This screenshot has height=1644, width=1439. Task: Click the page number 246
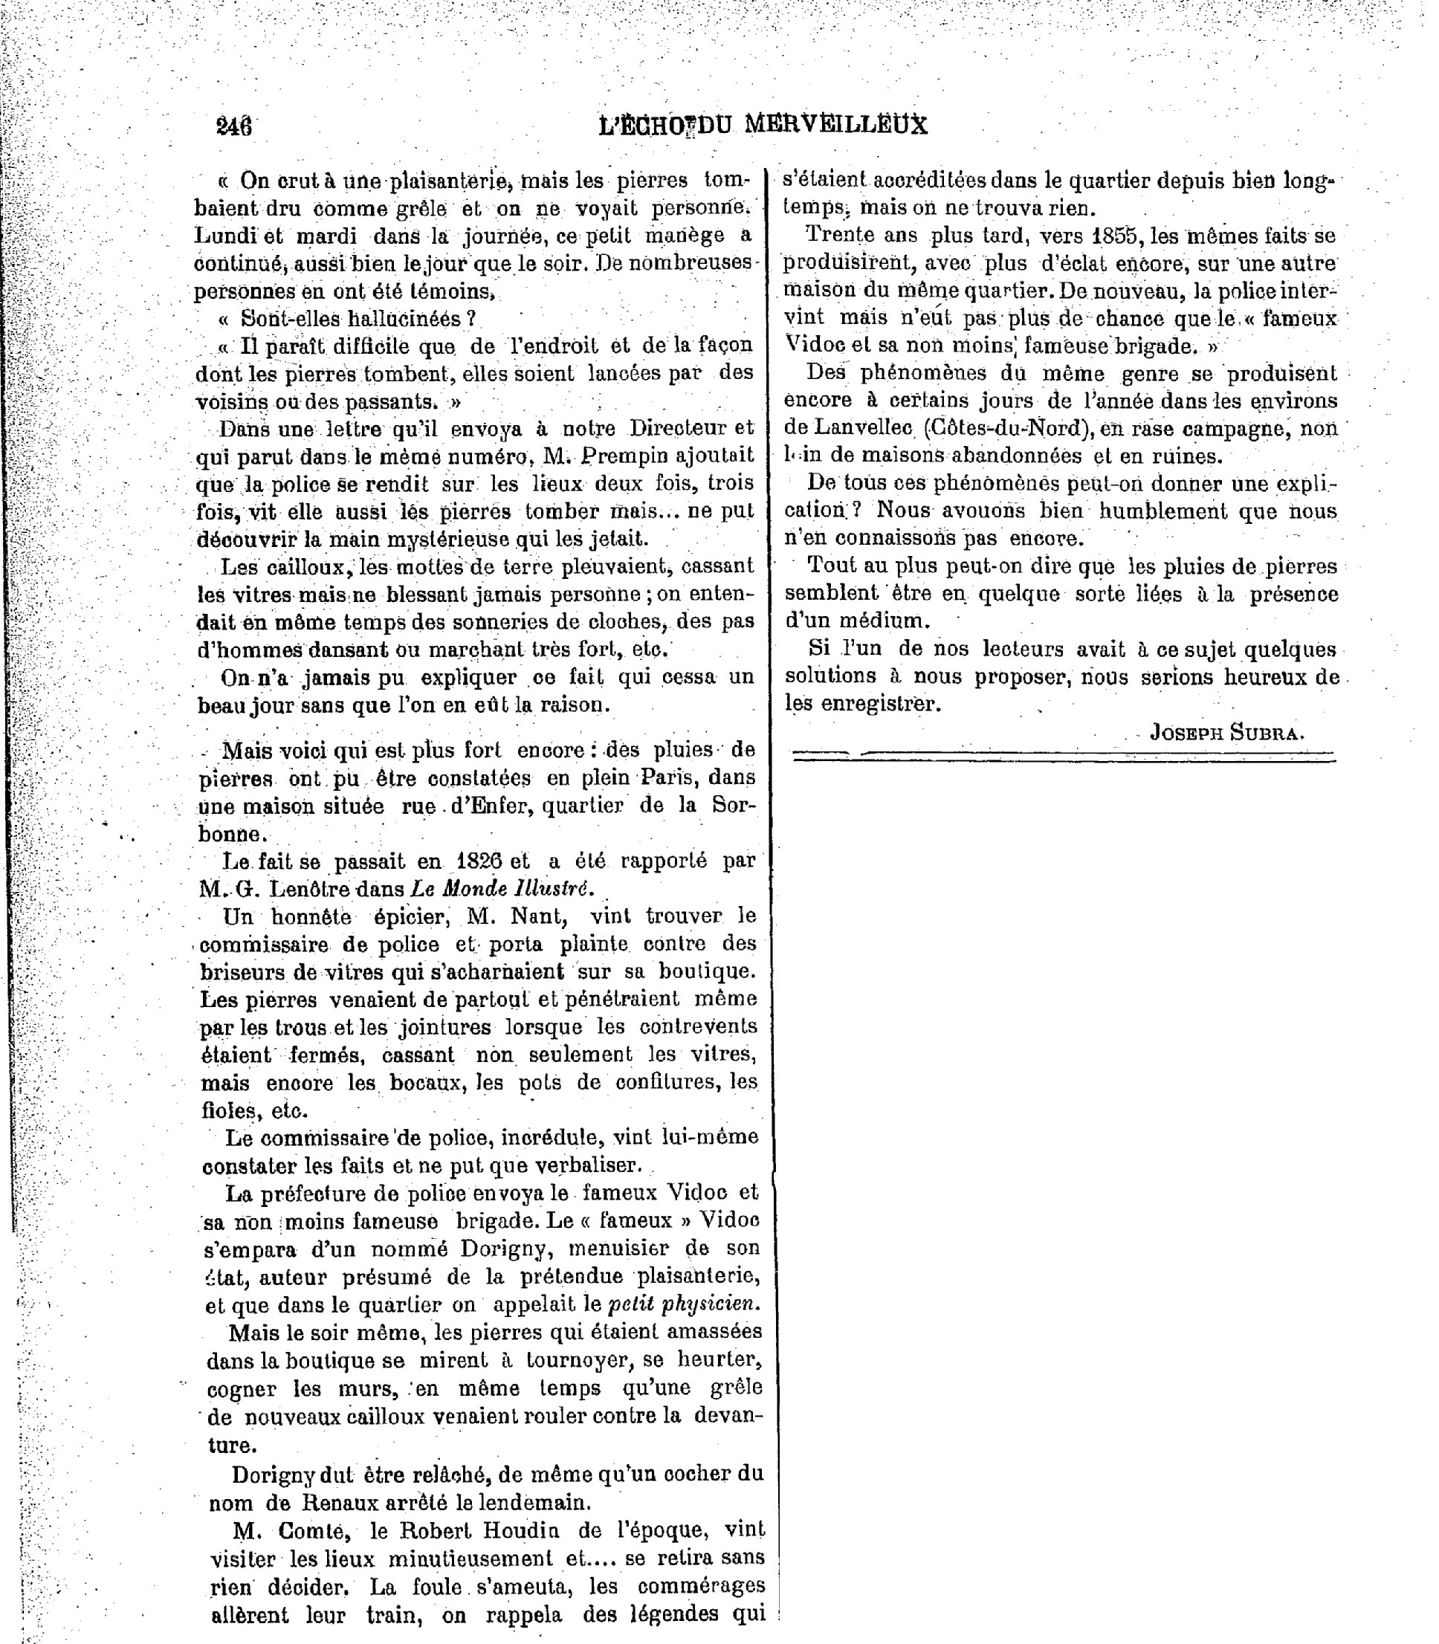point(233,126)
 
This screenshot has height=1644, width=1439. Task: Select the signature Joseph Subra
point(1226,731)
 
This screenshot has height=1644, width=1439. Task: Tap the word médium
point(877,621)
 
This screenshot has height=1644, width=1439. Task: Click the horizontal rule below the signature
point(1062,754)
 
